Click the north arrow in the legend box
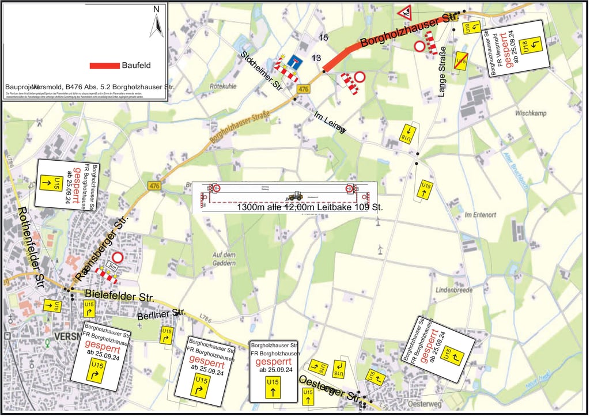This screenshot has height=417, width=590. (x=156, y=22)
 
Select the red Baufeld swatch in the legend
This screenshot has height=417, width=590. (x=104, y=66)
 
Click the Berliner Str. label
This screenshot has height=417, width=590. (x=161, y=314)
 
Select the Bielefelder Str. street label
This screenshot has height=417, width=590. (x=119, y=296)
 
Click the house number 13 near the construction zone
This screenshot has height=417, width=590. (x=316, y=58)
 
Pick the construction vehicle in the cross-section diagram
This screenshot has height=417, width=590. (x=296, y=196)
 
